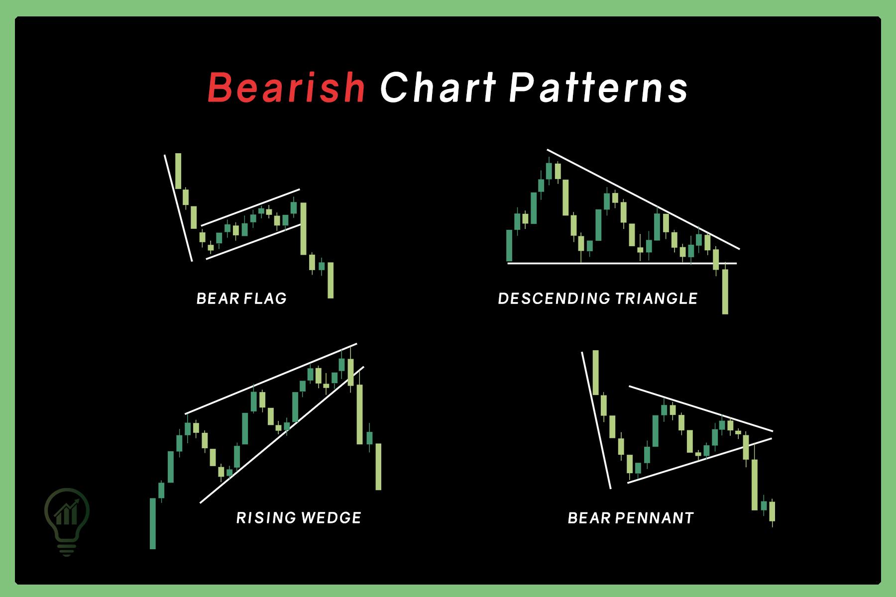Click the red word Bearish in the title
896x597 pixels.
coord(286,88)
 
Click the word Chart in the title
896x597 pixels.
coord(438,88)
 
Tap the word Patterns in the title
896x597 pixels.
coord(599,88)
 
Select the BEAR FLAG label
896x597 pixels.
coord(241,298)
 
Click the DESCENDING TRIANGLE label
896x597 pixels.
coord(598,298)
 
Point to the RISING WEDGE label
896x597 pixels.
coord(299,518)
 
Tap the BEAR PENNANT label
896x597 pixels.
coord(631,518)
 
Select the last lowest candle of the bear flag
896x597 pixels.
coord(331,280)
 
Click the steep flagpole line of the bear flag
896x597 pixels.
coord(178,207)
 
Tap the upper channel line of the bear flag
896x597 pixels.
coord(250,207)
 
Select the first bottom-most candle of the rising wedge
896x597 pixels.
coord(153,523)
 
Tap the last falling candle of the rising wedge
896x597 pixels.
coord(378,466)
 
